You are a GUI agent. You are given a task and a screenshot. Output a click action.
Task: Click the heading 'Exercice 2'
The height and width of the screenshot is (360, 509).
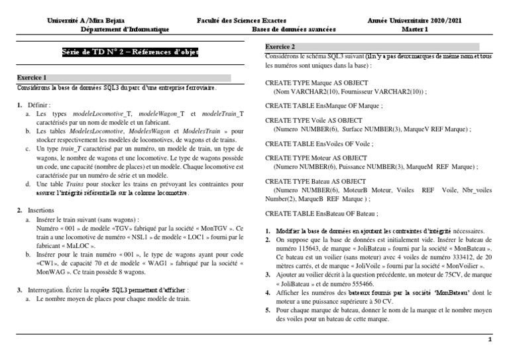tap(280, 47)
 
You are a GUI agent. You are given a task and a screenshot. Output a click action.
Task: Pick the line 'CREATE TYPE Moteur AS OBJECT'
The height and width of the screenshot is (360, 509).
tap(315, 158)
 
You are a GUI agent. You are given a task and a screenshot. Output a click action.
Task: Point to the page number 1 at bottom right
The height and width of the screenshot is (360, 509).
tap(489, 339)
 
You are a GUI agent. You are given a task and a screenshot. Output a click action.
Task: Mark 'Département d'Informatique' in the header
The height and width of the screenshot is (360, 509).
tap(125, 30)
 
